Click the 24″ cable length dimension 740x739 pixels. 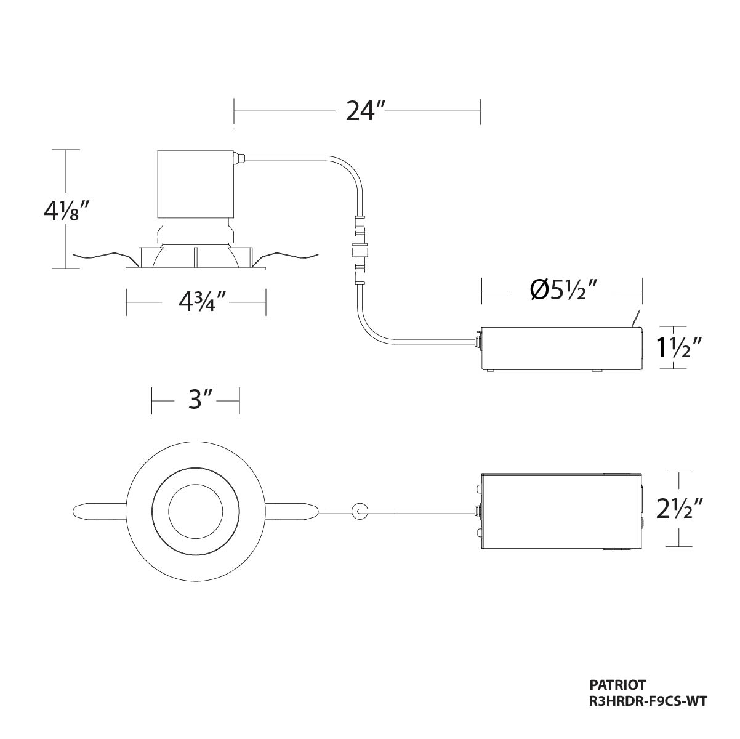click(x=360, y=111)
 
